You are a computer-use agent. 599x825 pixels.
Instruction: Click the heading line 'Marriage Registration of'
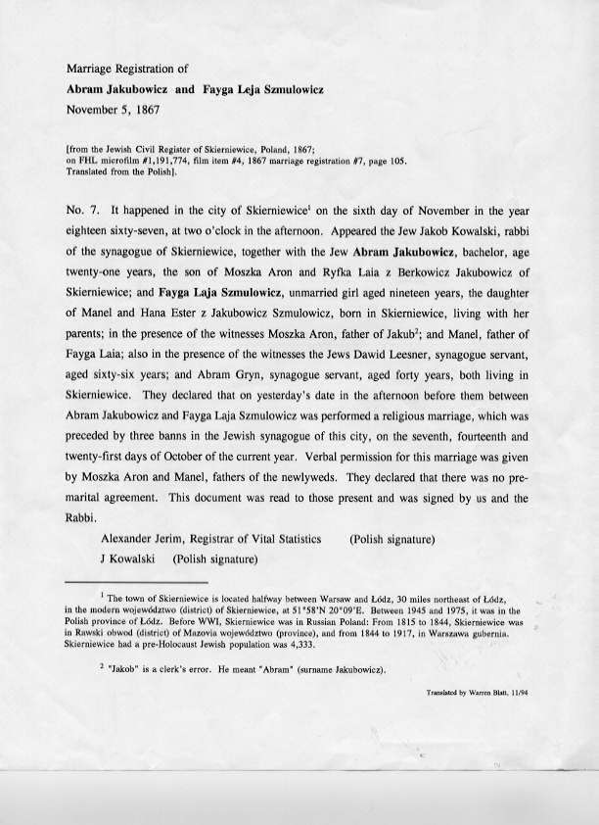pos(129,71)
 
